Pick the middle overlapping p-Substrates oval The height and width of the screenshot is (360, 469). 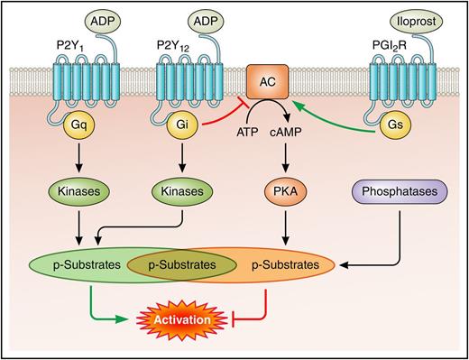[x=178, y=265]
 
